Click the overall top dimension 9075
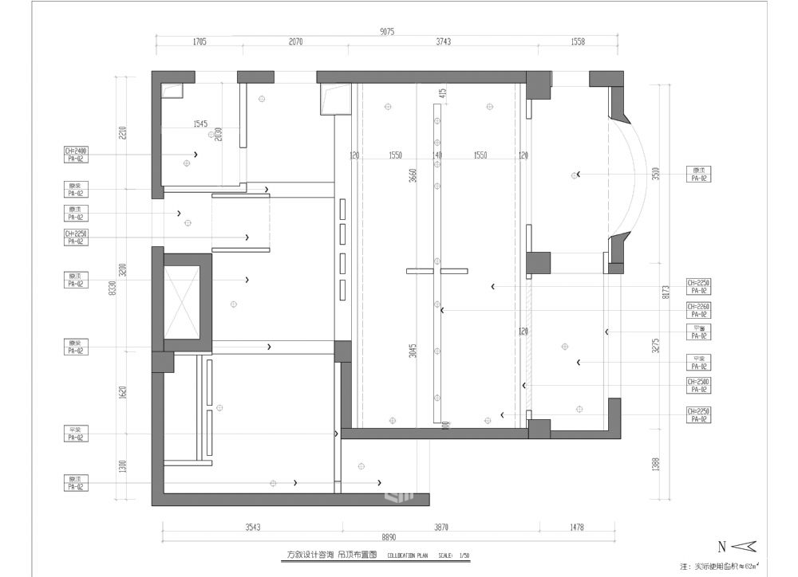click(388, 32)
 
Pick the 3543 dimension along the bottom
click(252, 527)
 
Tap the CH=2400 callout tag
click(76, 150)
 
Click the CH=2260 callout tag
click(699, 307)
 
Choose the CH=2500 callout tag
click(699, 383)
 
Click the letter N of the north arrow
click(721, 547)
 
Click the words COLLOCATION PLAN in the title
click(409, 555)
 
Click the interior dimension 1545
click(199, 124)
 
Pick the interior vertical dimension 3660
click(413, 176)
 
